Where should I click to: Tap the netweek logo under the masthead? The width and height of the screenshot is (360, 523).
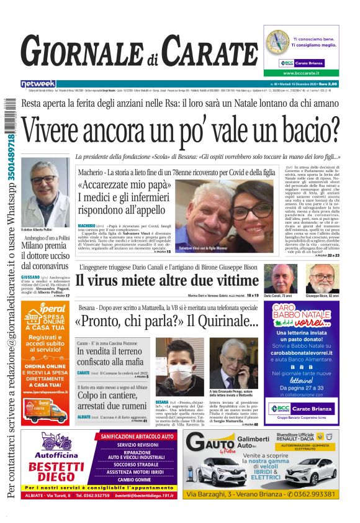click(x=38, y=84)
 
